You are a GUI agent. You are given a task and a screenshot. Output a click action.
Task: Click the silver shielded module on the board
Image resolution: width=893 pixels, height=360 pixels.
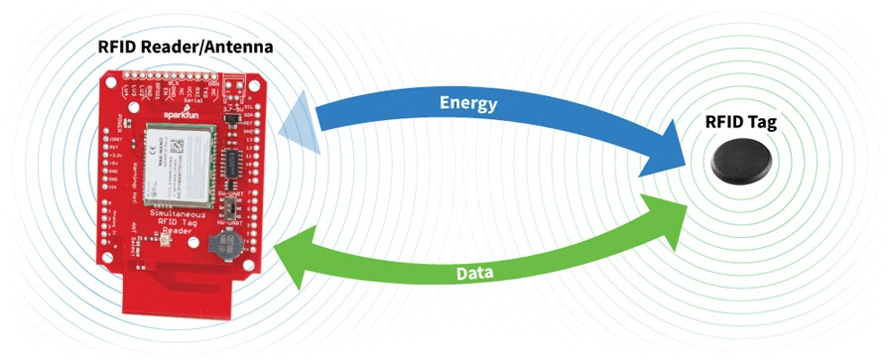point(178,164)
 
